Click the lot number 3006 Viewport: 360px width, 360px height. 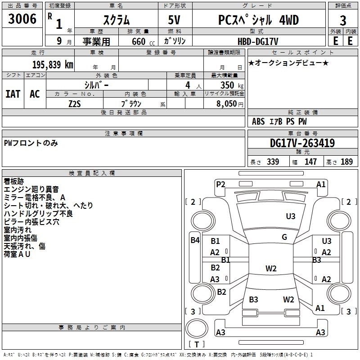click(22, 19)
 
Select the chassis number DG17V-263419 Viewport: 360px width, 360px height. click(302, 143)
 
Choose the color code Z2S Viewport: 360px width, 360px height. click(75, 103)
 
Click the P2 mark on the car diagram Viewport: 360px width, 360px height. click(220, 184)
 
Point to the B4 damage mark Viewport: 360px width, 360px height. click(195, 240)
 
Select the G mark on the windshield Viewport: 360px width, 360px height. click(284, 237)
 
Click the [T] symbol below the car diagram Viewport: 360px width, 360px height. click(196, 345)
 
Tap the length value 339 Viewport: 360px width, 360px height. click(273, 162)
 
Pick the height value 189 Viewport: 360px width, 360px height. click(346, 162)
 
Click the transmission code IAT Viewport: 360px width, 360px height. click(13, 94)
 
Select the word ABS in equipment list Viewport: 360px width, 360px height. click(258, 121)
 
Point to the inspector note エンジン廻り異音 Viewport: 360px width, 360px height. click(31, 190)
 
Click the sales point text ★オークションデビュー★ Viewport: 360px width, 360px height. click(288, 63)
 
